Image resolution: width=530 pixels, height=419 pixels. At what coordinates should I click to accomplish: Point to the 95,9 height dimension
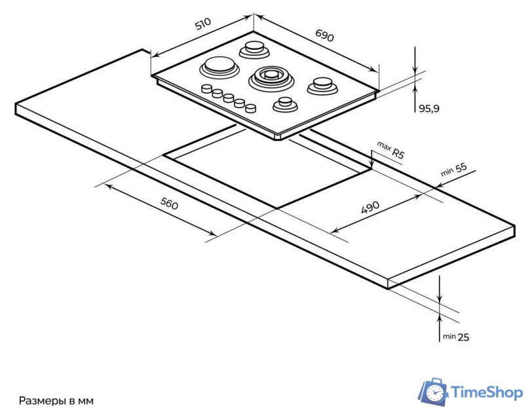point(428,109)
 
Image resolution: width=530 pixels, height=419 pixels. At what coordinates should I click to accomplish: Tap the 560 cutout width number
point(170,204)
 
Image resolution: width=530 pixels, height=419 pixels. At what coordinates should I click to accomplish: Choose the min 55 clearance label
point(453,170)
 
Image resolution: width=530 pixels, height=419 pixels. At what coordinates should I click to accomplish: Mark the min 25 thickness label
point(455,337)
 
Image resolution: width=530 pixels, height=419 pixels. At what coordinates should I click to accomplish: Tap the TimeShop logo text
point(487,392)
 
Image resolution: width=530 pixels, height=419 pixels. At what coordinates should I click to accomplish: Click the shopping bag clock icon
point(433,392)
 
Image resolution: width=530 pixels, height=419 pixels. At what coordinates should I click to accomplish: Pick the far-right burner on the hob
point(322,84)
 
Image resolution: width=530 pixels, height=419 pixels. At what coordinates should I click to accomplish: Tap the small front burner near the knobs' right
point(285,103)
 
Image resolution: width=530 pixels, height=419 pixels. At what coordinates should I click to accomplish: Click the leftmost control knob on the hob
point(206,88)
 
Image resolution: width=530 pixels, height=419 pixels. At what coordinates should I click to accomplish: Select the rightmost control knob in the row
point(250,108)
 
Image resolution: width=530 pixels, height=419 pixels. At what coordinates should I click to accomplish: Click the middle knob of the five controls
point(228,98)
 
